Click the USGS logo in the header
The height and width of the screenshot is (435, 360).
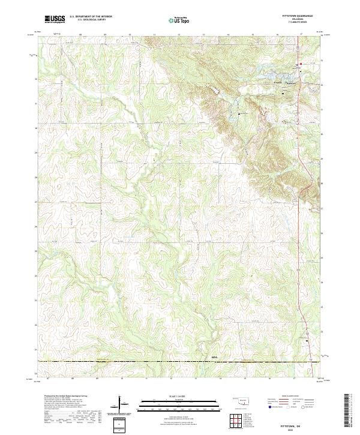pyautogui.click(x=55, y=19)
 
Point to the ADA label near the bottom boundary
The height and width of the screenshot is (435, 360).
pyautogui.click(x=215, y=358)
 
